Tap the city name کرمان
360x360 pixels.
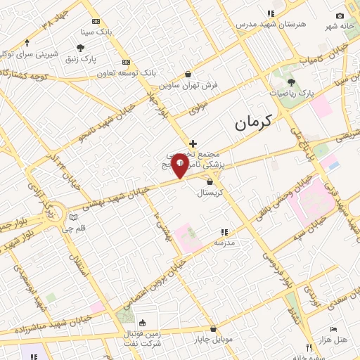pos(252,124)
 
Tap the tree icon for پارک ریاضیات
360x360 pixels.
pos(291,82)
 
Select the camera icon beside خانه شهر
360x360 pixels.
pos(340,16)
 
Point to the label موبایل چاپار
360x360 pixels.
pos(214,340)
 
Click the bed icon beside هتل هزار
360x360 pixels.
pos(334,329)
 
